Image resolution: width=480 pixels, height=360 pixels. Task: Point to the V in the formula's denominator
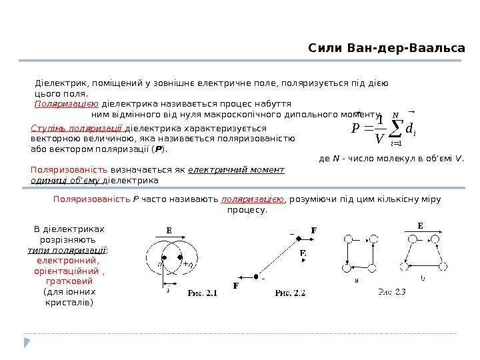(379, 139)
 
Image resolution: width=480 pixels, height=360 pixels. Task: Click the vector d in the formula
(411, 126)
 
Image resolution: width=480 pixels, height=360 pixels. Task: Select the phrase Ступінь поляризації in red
(77, 129)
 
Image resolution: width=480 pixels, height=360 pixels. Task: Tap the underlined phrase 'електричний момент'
(237, 170)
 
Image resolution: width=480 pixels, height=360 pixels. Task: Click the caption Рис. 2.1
(202, 292)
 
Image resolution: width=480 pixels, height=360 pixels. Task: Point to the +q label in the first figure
(189, 265)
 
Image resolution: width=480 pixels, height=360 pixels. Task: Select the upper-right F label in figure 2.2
(313, 231)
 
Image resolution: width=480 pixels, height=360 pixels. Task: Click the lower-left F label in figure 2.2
(235, 286)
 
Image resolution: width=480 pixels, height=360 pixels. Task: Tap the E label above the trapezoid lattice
(420, 226)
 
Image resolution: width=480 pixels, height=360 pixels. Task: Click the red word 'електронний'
(69, 261)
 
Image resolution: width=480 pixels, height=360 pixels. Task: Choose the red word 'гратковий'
(69, 282)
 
